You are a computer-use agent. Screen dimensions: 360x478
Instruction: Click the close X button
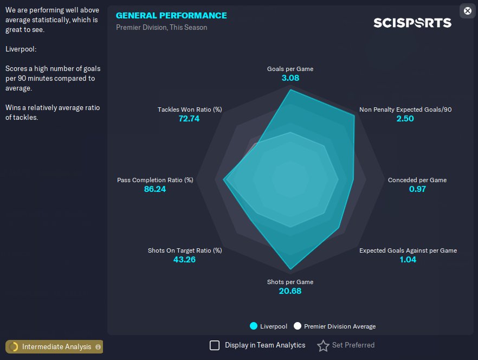point(468,10)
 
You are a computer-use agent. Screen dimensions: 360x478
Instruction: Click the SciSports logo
point(412,23)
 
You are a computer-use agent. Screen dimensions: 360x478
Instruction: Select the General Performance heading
point(171,15)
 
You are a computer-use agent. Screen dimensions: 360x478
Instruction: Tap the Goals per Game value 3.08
point(290,78)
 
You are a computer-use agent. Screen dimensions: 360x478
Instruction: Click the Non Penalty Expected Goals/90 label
point(405,110)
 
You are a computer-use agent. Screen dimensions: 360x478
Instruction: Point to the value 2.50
point(405,119)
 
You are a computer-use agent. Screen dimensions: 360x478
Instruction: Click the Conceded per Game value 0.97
point(417,189)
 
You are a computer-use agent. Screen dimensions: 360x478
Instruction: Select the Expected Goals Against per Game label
point(408,250)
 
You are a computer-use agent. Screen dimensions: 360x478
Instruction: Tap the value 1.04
point(408,260)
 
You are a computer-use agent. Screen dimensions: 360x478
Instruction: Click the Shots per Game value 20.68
point(290,291)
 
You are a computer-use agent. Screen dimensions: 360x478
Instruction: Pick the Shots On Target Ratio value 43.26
point(184,260)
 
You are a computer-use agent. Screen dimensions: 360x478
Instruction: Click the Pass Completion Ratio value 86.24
point(155,189)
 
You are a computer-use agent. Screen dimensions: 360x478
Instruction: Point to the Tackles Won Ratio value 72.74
point(189,119)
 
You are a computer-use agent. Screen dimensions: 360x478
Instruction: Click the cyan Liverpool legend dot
point(253,326)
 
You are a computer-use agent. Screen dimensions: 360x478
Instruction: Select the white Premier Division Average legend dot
point(297,326)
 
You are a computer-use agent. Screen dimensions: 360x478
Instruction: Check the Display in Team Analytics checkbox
point(215,345)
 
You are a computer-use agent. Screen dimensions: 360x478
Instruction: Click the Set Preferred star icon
point(323,345)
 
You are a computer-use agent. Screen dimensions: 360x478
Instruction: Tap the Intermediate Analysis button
point(54,346)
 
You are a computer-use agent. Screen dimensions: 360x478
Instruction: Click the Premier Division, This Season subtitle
point(162,27)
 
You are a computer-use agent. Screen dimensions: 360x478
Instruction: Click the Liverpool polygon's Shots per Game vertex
point(290,269)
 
